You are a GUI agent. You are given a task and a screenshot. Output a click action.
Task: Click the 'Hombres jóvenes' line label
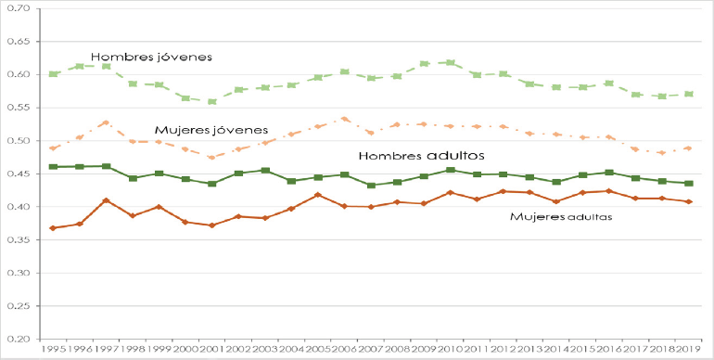pos(151,57)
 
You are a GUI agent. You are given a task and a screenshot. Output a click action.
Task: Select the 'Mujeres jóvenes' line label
pos(210,130)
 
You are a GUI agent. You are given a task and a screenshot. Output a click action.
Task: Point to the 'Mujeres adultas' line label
pos(563,216)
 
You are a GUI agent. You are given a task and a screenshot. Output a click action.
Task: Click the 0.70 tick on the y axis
pos(18,8)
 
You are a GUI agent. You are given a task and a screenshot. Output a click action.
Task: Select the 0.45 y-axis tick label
pos(18,174)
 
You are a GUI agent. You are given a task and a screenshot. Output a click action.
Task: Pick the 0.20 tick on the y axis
pos(18,340)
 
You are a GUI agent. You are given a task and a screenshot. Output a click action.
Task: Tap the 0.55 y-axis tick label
pos(18,108)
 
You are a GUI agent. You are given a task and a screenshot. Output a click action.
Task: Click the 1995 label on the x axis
pos(53,350)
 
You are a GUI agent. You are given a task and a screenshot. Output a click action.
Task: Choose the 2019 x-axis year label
pos(688,350)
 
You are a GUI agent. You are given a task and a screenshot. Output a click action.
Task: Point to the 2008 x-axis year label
pos(397,350)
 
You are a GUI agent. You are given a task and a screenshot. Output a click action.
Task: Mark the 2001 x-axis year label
pos(212,350)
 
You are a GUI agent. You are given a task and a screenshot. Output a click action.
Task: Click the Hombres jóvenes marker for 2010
pos(451,63)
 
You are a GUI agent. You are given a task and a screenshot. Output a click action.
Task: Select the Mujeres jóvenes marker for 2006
pos(344,119)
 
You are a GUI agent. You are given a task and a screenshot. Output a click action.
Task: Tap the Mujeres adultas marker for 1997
pos(106,200)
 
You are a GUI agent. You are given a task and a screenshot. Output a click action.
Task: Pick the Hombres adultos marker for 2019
pos(688,184)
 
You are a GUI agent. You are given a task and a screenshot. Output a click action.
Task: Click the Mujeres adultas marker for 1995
pos(53,228)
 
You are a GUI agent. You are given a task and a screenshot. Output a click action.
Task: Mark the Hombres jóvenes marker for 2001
pos(212,102)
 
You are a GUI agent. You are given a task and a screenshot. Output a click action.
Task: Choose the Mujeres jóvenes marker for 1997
pos(106,122)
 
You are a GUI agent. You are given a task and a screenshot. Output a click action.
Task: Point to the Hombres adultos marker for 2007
pos(371,186)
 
